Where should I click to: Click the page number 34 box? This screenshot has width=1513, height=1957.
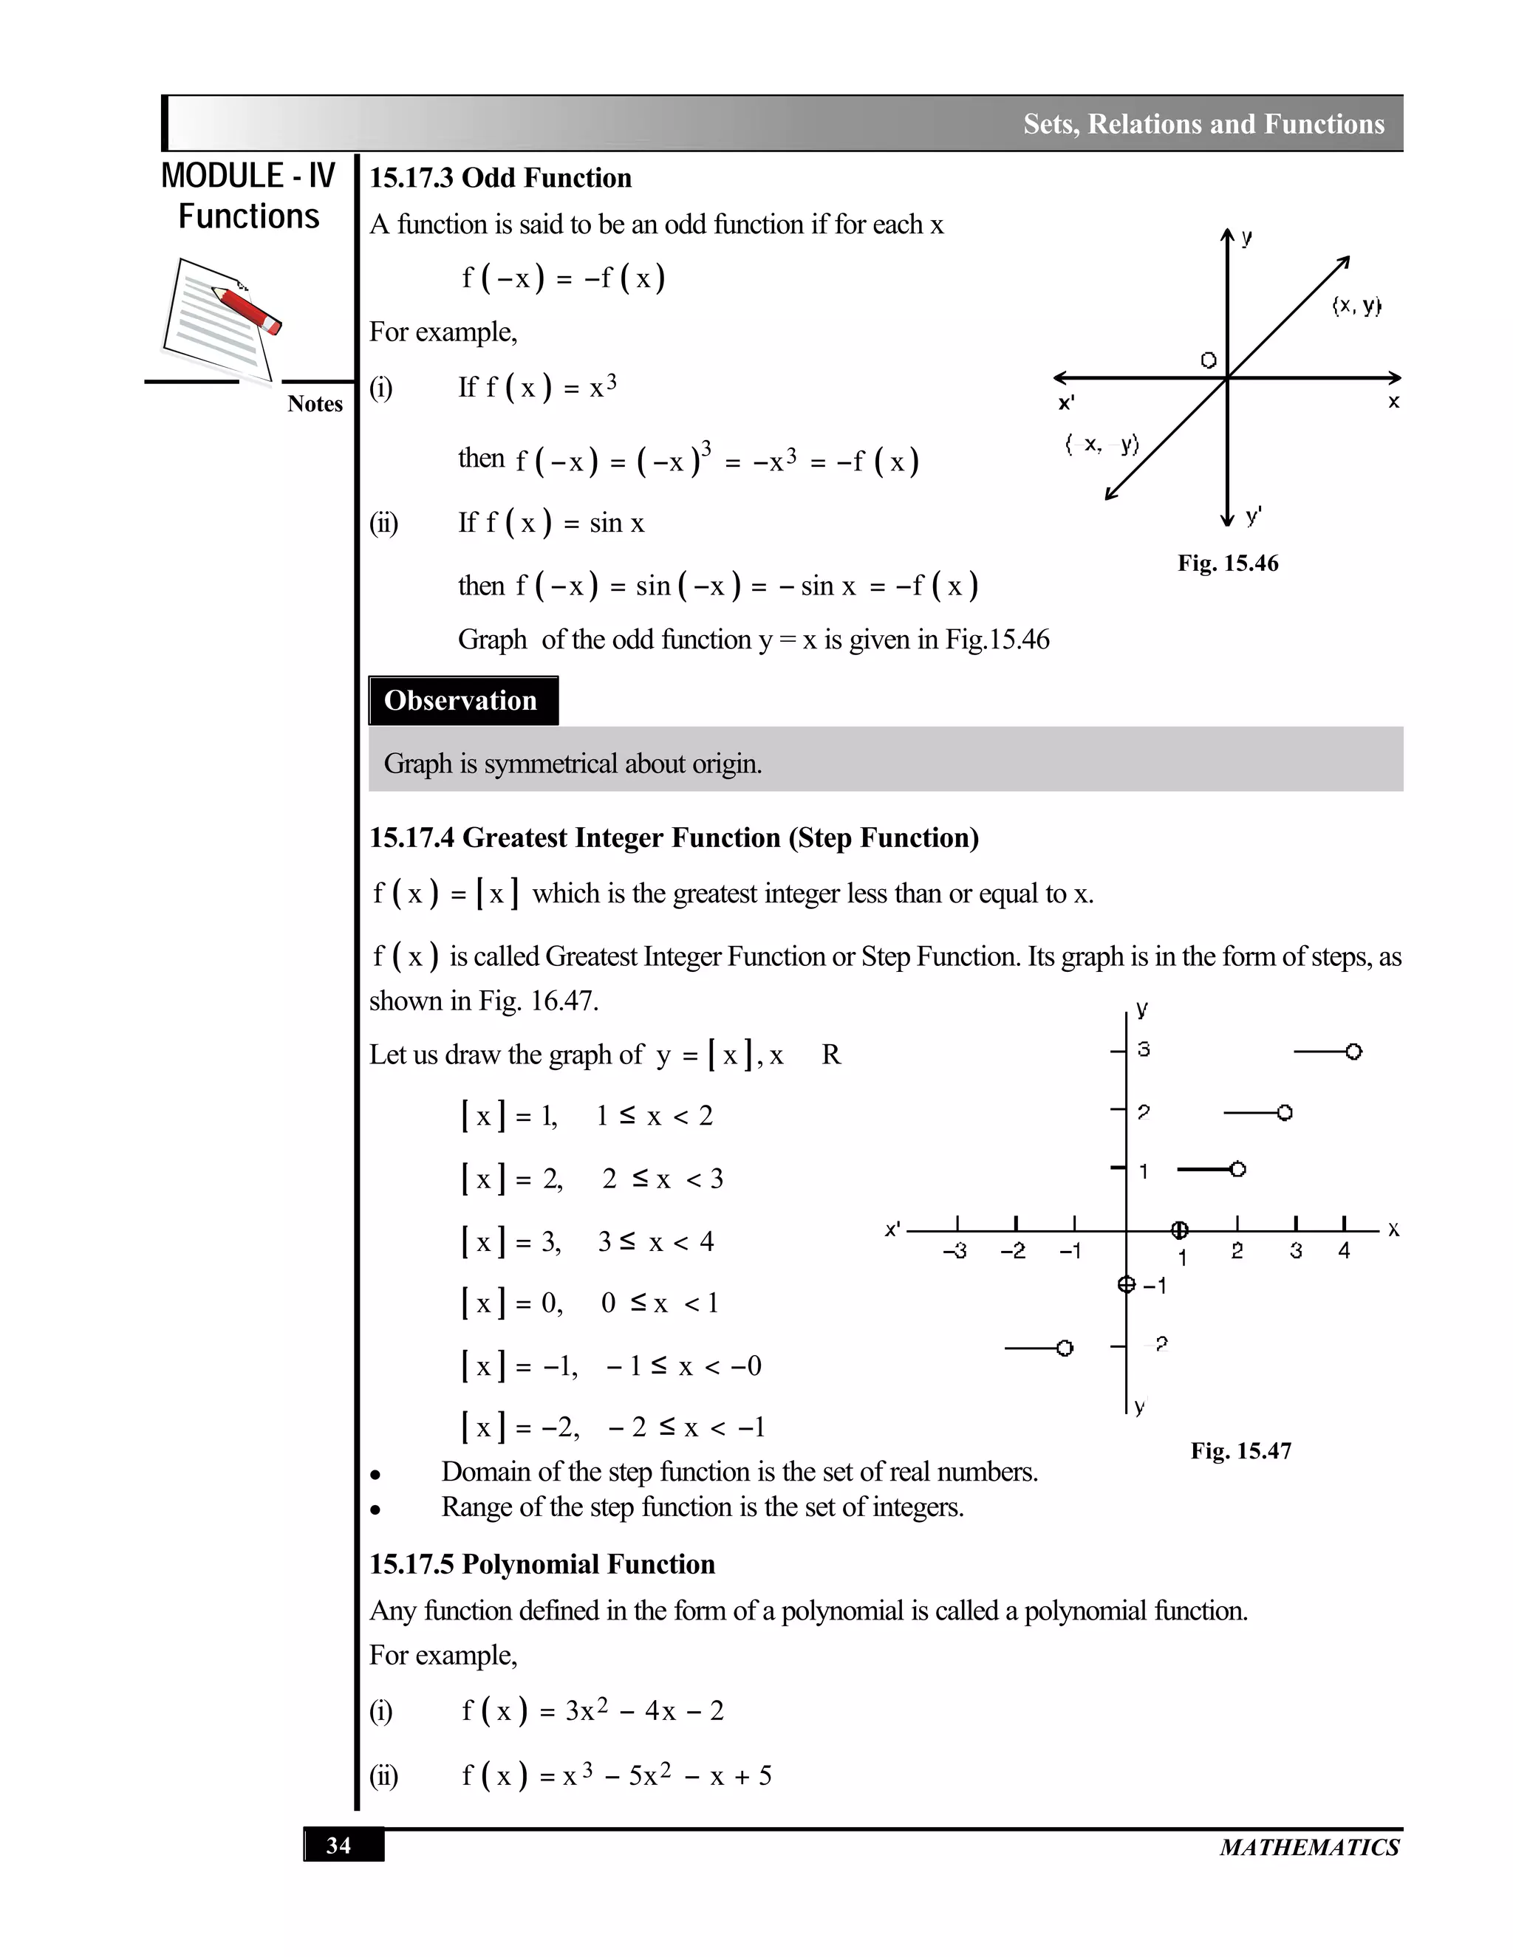[x=344, y=1846]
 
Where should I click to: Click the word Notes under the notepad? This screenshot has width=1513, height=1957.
[x=315, y=404]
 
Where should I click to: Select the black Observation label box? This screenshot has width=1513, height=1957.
[x=462, y=701]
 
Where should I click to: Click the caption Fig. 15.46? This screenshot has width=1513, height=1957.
[x=1227, y=563]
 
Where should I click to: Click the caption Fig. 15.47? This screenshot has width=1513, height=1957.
[x=1240, y=1450]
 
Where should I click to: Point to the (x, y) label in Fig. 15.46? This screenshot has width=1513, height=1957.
[x=1356, y=306]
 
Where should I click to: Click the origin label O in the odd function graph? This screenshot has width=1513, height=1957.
[x=1208, y=360]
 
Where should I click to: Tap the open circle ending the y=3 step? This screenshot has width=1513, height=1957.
[x=1353, y=1051]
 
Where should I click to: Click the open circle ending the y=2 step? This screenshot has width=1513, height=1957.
[x=1285, y=1113]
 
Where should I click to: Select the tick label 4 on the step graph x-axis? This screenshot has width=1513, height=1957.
[x=1344, y=1251]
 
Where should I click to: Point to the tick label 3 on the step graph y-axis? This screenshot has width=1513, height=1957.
[x=1144, y=1049]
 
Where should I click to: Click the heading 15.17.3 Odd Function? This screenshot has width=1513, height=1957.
[x=500, y=178]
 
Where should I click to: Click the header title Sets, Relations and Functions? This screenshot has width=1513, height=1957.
[x=1203, y=123]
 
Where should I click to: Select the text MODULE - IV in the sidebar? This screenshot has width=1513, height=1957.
[x=247, y=176]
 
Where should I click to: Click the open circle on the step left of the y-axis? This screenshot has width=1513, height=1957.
[x=1064, y=1348]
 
